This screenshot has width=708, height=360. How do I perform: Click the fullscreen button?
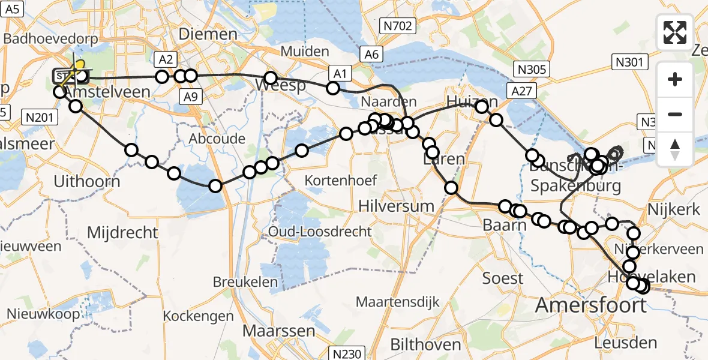coord(675,32)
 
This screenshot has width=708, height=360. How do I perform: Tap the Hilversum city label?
coord(396,206)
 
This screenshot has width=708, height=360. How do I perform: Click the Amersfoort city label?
coord(590,305)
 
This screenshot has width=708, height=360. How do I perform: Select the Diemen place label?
coord(208,34)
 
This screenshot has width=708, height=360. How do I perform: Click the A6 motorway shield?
coord(372,55)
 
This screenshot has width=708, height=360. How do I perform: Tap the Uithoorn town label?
coord(86,181)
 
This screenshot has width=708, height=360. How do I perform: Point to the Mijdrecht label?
coord(122,232)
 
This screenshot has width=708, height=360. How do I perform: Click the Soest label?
coord(503,278)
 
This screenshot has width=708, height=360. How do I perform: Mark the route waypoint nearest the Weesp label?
coord(271,78)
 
